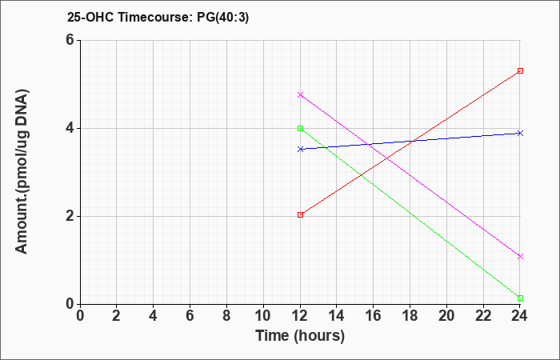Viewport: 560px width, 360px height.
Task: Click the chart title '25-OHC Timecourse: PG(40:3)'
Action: (158, 17)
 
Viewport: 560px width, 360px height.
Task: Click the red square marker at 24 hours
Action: (520, 70)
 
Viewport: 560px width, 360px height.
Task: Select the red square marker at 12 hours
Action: (300, 214)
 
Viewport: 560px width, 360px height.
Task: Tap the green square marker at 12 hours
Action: (300, 128)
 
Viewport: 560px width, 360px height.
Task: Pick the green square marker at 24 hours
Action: (520, 298)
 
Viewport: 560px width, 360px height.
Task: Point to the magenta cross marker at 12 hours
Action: (300, 94)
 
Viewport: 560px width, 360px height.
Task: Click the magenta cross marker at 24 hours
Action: (520, 257)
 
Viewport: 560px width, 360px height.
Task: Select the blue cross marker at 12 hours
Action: (300, 149)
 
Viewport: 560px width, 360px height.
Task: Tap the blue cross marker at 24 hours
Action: (520, 134)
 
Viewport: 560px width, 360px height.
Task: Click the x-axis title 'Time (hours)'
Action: (300, 336)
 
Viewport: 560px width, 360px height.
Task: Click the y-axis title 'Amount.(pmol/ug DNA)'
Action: (22, 171)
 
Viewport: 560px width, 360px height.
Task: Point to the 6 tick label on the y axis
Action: (70, 40)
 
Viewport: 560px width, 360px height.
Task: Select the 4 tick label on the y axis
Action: (70, 128)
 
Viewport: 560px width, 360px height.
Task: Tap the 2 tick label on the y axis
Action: (70, 216)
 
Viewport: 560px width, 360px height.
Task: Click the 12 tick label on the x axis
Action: (300, 316)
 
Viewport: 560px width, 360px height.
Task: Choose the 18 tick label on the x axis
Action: (410, 316)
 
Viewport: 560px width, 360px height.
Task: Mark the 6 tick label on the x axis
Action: (190, 316)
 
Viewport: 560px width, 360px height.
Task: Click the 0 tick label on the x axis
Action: (80, 316)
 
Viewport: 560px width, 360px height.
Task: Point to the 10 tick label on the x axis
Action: (263, 316)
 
